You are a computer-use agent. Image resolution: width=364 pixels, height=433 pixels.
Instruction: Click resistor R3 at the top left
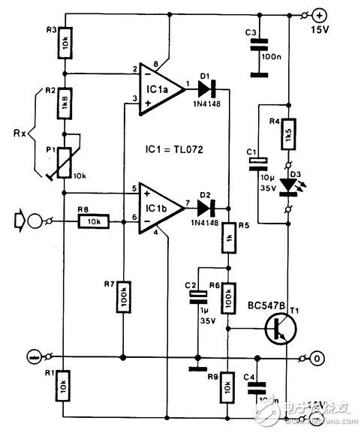65,46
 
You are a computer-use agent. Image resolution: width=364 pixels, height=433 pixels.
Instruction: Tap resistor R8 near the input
93,221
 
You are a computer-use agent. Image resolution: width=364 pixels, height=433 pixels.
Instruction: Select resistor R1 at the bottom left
65,386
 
